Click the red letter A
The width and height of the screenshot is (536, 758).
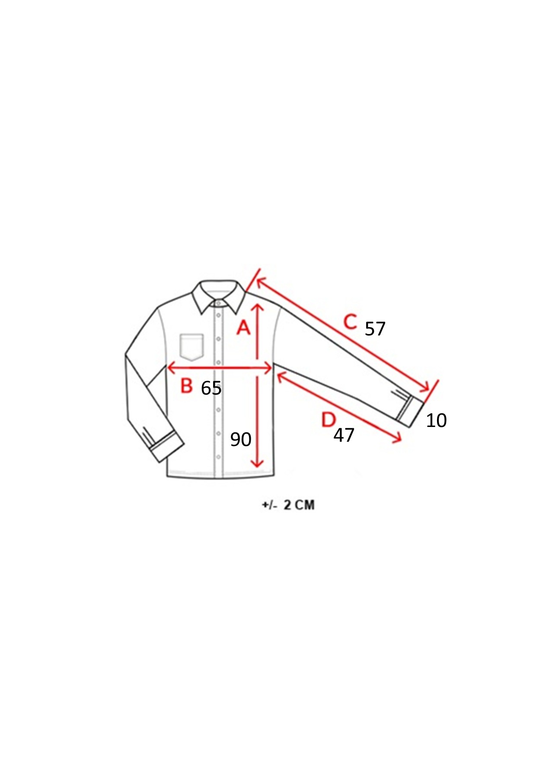pos(244,328)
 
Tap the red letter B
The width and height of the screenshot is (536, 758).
pos(186,385)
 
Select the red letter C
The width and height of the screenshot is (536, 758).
pos(351,322)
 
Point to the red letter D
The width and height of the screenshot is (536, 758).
pos(329,420)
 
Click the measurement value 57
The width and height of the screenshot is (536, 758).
pos(375,329)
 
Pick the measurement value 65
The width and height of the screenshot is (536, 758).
pos(211,388)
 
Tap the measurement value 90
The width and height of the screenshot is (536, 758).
pos(241,440)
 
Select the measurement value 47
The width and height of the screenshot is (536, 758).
pos(344,435)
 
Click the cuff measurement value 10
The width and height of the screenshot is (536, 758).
pos(436,420)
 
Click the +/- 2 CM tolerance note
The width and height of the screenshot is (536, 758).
pos(288,505)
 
